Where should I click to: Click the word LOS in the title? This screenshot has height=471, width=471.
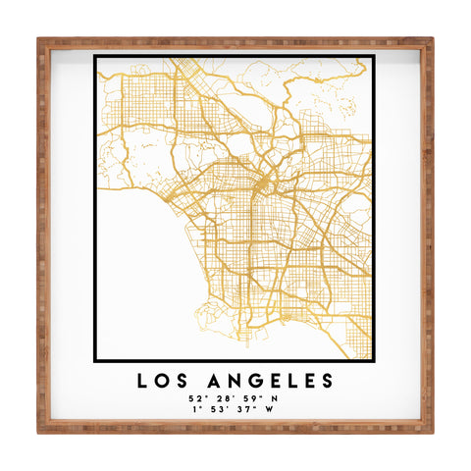pyautogui.click(x=161, y=380)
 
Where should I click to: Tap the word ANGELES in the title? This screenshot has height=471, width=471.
pyautogui.click(x=265, y=380)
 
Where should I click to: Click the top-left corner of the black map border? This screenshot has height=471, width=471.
pyautogui.click(x=95, y=56)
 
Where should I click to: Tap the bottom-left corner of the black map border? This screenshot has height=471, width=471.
pyautogui.click(x=95, y=359)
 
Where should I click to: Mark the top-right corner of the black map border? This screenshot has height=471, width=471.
pyautogui.click(x=374, y=56)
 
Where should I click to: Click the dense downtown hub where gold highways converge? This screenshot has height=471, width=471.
pyautogui.click(x=262, y=183)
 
